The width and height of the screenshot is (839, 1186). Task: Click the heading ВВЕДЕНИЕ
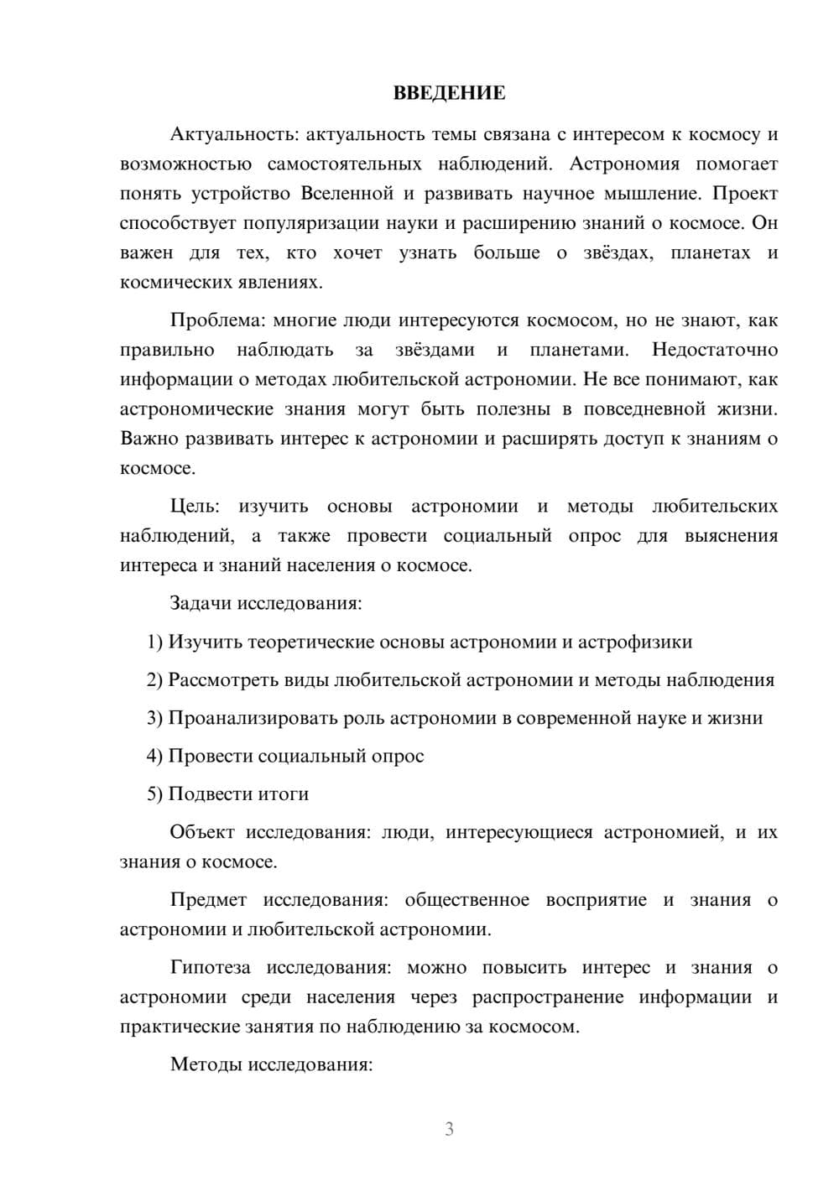coord(449,93)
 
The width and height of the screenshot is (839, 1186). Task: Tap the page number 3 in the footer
coord(449,1129)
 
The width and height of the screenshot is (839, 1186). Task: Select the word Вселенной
coord(347,194)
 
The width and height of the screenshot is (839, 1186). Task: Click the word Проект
coord(745,194)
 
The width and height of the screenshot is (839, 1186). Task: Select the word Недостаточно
coord(715,350)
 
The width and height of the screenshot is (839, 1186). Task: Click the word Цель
coord(195,507)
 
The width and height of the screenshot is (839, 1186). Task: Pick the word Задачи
coord(201,603)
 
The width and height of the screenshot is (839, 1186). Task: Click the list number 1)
coord(155,642)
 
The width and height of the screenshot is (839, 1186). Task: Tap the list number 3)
coord(155,718)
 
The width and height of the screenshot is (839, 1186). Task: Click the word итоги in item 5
coord(284,794)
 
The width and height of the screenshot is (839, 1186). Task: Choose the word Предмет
coord(208,900)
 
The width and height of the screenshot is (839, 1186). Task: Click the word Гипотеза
coord(211,968)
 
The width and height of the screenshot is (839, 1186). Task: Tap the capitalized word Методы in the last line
coord(203,1065)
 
